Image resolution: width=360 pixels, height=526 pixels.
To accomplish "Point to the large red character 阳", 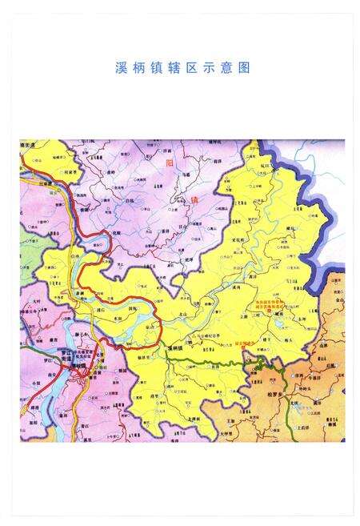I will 169,163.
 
